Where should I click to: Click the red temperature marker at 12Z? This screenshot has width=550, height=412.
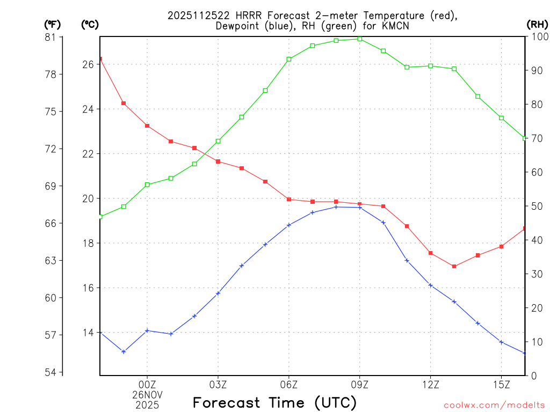click(431, 253)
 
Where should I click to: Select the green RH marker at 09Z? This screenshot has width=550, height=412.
click(360, 39)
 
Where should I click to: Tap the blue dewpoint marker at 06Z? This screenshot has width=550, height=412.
click(289, 225)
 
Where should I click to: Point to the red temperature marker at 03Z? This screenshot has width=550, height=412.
click(218, 161)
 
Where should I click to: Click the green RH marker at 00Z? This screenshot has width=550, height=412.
click(147, 185)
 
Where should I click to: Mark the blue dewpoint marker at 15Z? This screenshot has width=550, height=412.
click(502, 342)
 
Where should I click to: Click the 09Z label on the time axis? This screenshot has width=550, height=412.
click(360, 384)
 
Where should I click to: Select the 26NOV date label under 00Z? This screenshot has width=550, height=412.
click(147, 394)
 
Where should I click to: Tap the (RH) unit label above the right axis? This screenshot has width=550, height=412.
click(537, 24)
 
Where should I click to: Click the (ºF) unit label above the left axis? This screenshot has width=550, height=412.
click(52, 24)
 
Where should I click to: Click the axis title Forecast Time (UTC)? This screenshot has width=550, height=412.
click(274, 402)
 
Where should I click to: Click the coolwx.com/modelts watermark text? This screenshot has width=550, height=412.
click(494, 405)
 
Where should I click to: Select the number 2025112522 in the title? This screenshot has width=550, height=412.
click(201, 16)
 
